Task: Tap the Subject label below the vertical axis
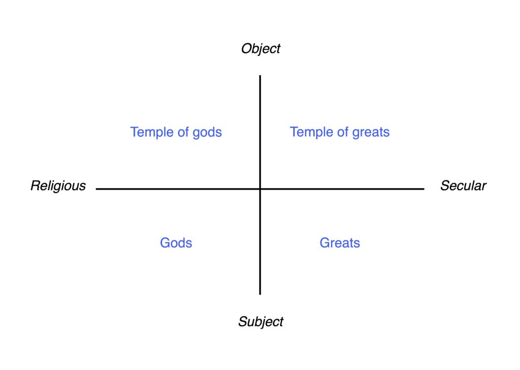261,322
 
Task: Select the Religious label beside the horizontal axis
58,186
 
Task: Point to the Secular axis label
463,186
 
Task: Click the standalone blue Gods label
176,243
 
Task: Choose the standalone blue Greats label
340,243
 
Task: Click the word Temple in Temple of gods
152,133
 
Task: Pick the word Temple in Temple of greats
312,133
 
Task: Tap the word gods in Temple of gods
207,133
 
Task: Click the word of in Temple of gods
183,132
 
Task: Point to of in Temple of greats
343,132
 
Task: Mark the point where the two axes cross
260,189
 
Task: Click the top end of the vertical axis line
260,76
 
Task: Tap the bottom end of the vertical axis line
260,294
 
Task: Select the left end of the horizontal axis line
96,189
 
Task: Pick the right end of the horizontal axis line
424,189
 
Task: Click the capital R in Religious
35,186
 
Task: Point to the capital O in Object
246,49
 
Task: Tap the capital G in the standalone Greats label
325,243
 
